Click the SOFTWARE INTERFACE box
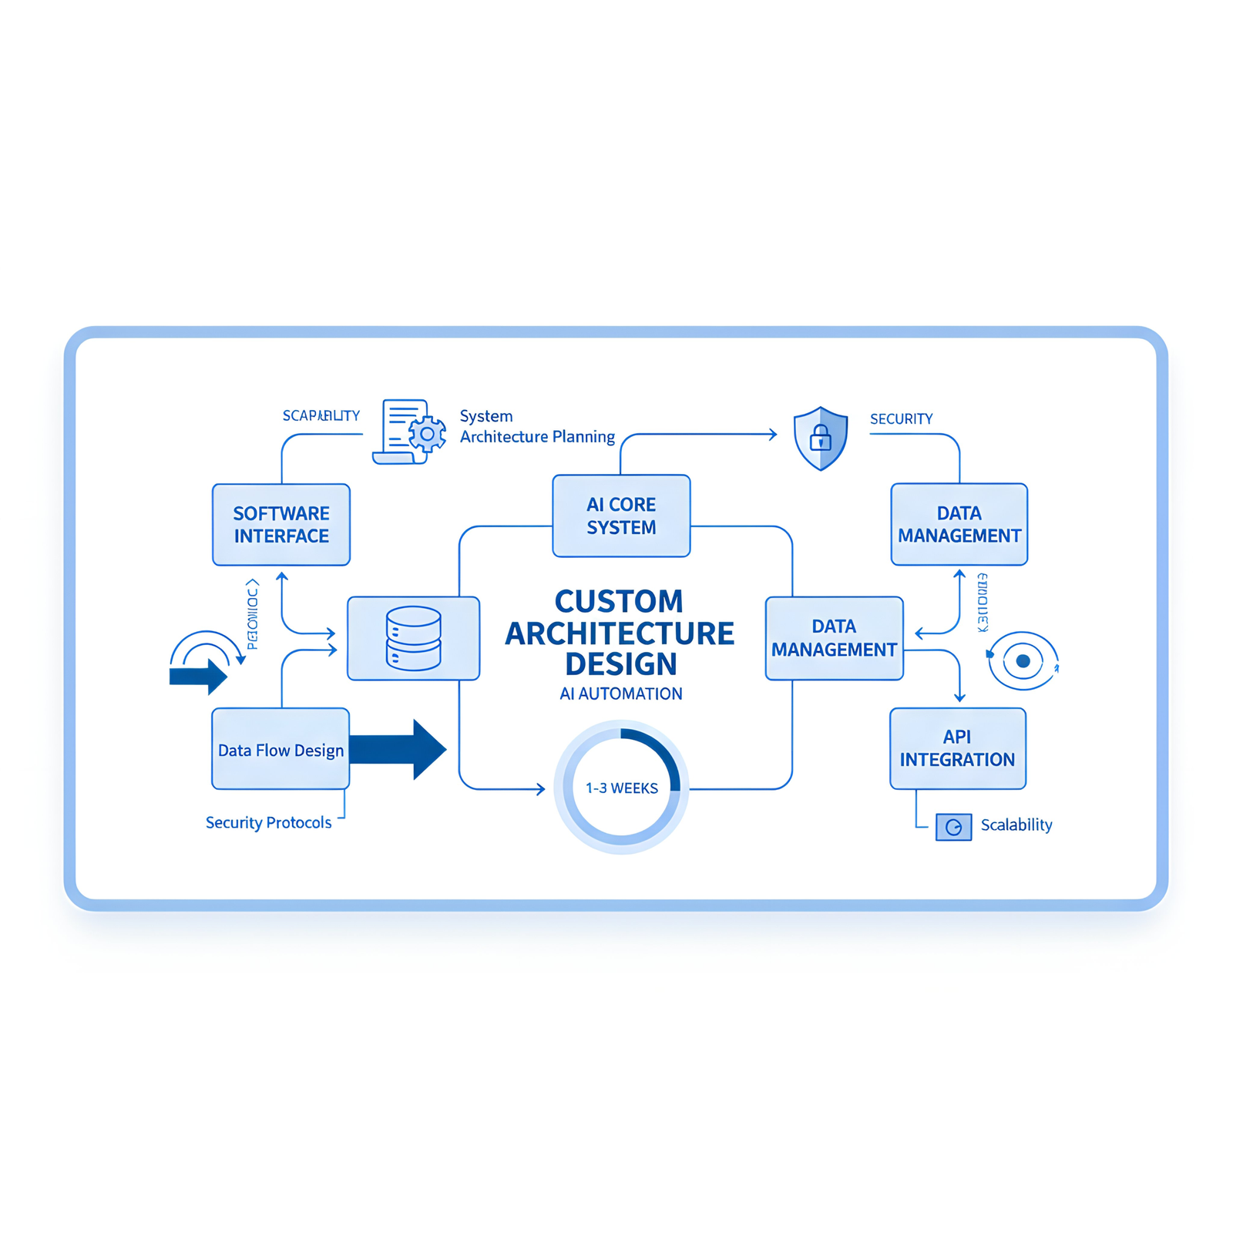[281, 525]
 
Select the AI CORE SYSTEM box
[621, 516]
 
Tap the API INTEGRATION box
[958, 748]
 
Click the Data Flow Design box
[281, 749]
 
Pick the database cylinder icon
[414, 638]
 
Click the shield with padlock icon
[821, 438]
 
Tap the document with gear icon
[409, 432]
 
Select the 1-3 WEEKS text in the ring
[621, 788]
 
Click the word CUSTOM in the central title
[619, 601]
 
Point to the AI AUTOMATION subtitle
[620, 694]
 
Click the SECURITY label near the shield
[901, 419]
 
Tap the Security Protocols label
[268, 822]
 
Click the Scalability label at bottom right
[1016, 825]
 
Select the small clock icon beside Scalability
[953, 827]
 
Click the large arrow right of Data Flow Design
[401, 749]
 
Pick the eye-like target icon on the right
[1023, 660]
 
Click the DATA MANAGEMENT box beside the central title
[834, 638]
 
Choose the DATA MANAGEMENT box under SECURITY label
[959, 524]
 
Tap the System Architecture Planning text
[536, 426]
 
